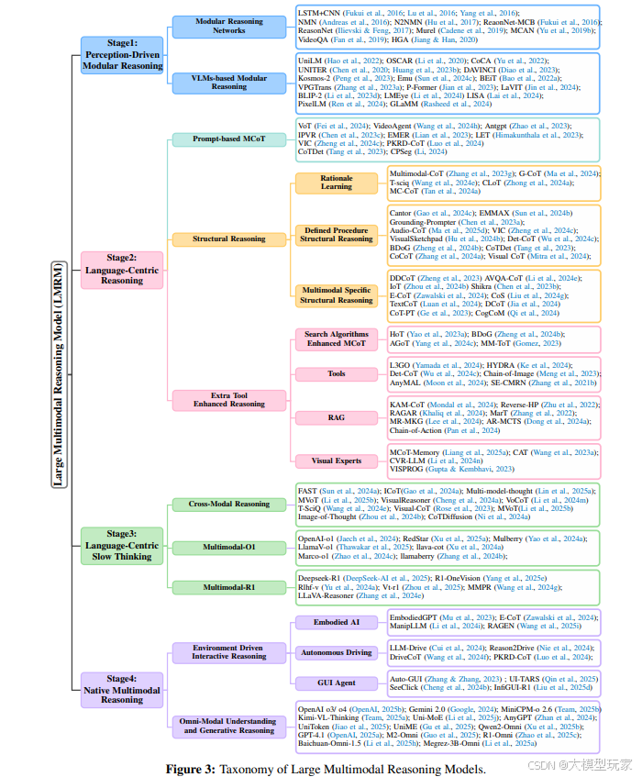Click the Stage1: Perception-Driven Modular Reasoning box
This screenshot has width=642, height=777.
pos(122,54)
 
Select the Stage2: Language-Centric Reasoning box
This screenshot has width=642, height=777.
pos(122,270)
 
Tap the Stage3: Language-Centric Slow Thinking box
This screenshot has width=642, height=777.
pos(122,545)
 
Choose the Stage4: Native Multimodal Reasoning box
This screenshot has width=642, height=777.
pos(122,687)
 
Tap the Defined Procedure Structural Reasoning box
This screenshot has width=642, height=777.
pos(336,234)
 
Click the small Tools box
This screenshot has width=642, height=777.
pos(337,374)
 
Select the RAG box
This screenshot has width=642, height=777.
pos(337,418)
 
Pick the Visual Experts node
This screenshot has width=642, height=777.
pos(337,461)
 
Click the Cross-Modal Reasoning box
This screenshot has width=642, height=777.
pos(229,504)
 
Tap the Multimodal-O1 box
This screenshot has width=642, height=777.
pos(229,547)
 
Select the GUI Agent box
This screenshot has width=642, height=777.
pos(337,683)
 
